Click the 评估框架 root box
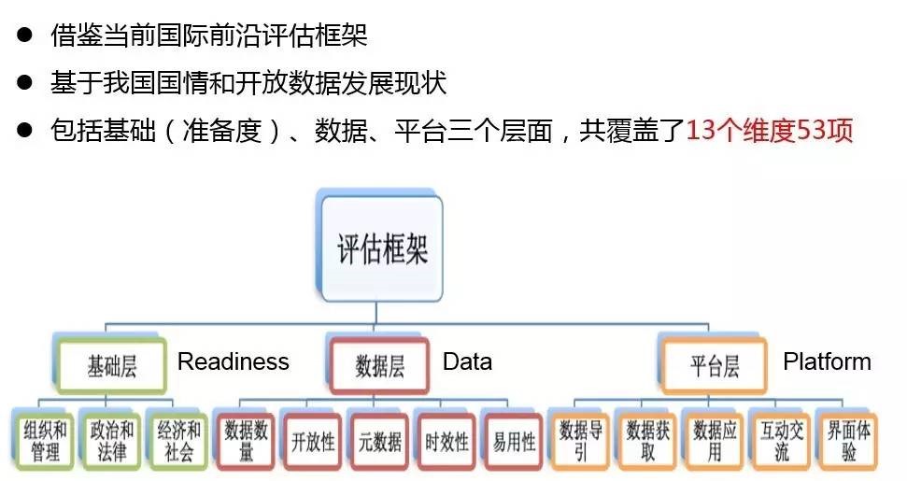pyautogui.click(x=381, y=249)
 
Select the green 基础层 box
pyautogui.click(x=112, y=364)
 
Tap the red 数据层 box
pyautogui.click(x=379, y=364)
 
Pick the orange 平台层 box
pyautogui.click(x=714, y=364)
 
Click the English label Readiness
pyautogui.click(x=234, y=361)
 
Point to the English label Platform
pyautogui.click(x=827, y=361)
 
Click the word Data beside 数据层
pyautogui.click(x=467, y=361)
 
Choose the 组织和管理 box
pyautogui.click(x=45, y=439)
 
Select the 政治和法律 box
pyautogui.click(x=112, y=439)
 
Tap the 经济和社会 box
pyautogui.click(x=178, y=439)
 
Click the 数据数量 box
pyautogui.click(x=246, y=439)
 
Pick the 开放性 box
pyautogui.click(x=313, y=440)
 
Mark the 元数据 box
pyautogui.click(x=379, y=440)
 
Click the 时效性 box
pyautogui.click(x=446, y=440)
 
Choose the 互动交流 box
pyautogui.click(x=781, y=439)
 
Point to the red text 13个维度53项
pyautogui.click(x=770, y=130)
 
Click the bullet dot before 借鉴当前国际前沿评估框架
pyautogui.click(x=25, y=36)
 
